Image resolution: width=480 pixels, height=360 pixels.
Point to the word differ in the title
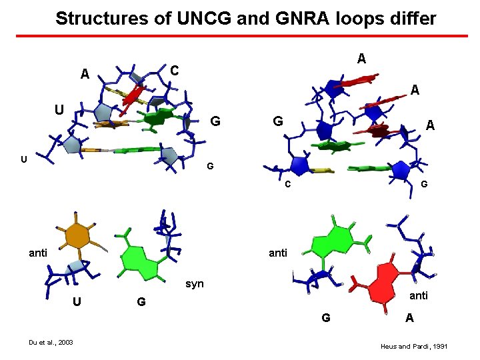[x=414, y=18]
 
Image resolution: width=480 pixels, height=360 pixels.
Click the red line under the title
[x=239, y=35]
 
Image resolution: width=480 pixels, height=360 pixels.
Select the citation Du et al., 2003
[x=51, y=343]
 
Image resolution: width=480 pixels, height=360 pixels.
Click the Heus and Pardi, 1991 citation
[x=413, y=347]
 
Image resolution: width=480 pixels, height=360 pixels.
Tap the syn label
[x=195, y=284]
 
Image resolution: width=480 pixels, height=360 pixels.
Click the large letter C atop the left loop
[x=173, y=70]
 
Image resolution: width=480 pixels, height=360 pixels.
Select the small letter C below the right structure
[x=288, y=184]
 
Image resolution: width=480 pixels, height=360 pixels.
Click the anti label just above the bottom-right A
[x=418, y=296]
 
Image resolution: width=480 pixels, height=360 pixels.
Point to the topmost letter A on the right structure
[x=361, y=59]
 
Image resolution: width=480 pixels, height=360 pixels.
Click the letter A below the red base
[x=409, y=318]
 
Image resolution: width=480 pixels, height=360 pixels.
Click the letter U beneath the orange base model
[x=77, y=301]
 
